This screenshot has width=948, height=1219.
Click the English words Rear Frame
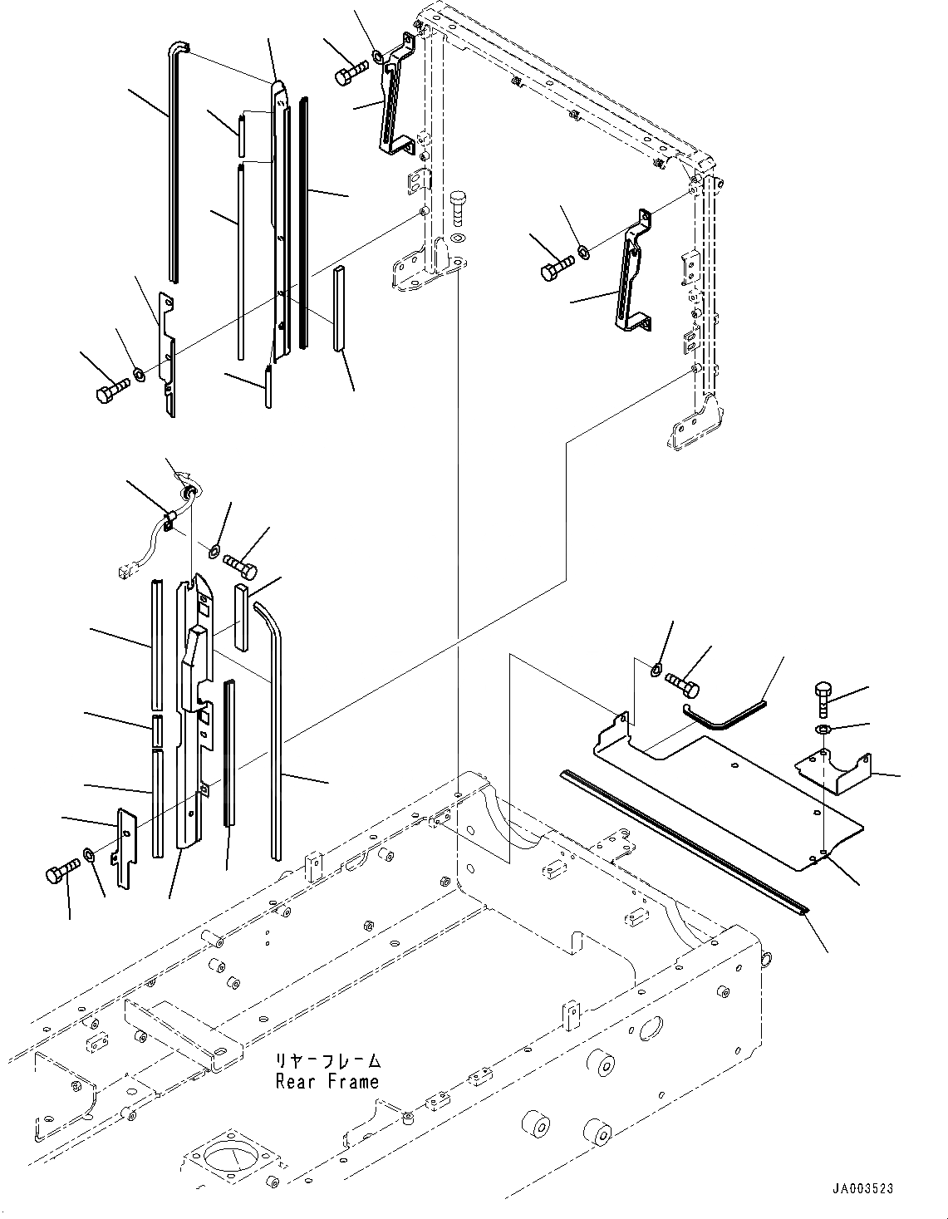click(327, 1081)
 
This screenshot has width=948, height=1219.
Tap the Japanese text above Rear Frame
click(329, 1061)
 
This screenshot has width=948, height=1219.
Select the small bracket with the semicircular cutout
click(834, 771)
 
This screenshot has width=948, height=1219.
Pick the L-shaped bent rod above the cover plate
click(721, 714)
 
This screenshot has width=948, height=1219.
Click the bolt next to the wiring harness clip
click(240, 568)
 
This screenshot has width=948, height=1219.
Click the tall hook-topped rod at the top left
click(172, 166)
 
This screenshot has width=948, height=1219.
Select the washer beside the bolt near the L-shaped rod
click(655, 670)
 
